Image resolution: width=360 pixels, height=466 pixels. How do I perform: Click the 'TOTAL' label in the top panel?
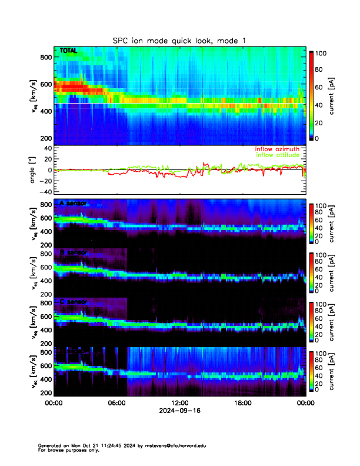pyautogui.click(x=68, y=51)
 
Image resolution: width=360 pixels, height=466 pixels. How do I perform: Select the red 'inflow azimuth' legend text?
pyautogui.click(x=277, y=149)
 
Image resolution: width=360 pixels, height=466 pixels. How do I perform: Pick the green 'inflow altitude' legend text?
pyautogui.click(x=278, y=156)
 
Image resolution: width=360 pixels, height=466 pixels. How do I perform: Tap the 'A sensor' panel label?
pyautogui.click(x=73, y=204)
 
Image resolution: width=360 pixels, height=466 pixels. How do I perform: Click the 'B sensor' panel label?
pyautogui.click(x=73, y=252)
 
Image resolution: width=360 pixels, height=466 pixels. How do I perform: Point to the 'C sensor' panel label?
pyautogui.click(x=73, y=302)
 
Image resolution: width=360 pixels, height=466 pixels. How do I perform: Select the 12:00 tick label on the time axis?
pyautogui.click(x=179, y=403)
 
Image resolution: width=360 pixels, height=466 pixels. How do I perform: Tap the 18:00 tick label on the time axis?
pyautogui.click(x=242, y=403)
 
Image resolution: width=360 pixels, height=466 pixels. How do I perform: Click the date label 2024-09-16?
pyautogui.click(x=179, y=411)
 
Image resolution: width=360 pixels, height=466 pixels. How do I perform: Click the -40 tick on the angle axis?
pyautogui.click(x=44, y=192)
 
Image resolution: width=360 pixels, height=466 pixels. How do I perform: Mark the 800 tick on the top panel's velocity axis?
pyautogui.click(x=44, y=57)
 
